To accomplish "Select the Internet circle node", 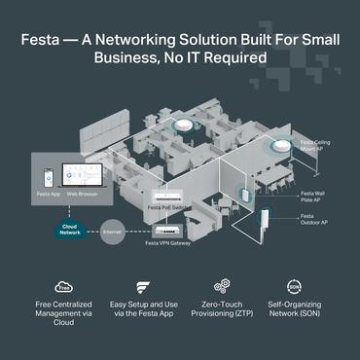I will point(113,233).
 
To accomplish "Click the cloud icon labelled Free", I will point(63,287).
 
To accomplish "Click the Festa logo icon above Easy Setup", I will point(142,287).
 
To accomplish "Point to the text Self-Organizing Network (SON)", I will point(295,313).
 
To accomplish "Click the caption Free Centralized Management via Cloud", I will point(64,313).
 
